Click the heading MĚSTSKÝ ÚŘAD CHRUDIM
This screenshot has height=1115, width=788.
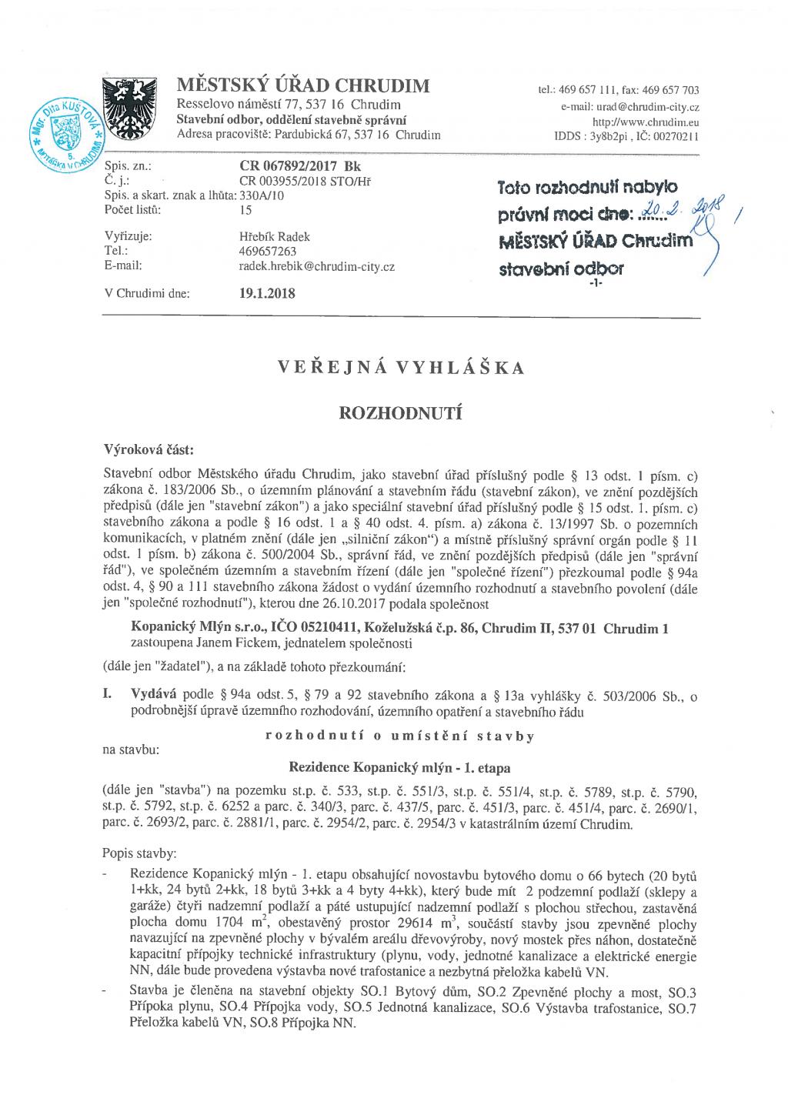point(303,85)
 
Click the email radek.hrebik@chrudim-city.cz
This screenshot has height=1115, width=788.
point(317,265)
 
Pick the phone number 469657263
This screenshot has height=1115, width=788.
point(268,251)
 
